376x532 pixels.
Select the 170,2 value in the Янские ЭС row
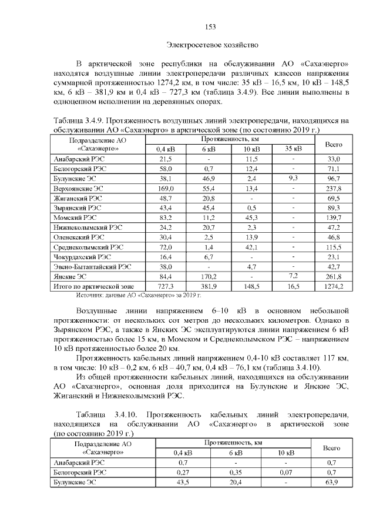pyautogui.click(x=209, y=276)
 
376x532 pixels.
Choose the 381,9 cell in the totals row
pyautogui.click(x=209, y=286)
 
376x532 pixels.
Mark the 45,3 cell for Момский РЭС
pyautogui.click(x=251, y=218)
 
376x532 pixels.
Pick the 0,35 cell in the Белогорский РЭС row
pyautogui.click(x=234, y=472)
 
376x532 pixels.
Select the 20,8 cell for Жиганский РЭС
pyautogui.click(x=209, y=198)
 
